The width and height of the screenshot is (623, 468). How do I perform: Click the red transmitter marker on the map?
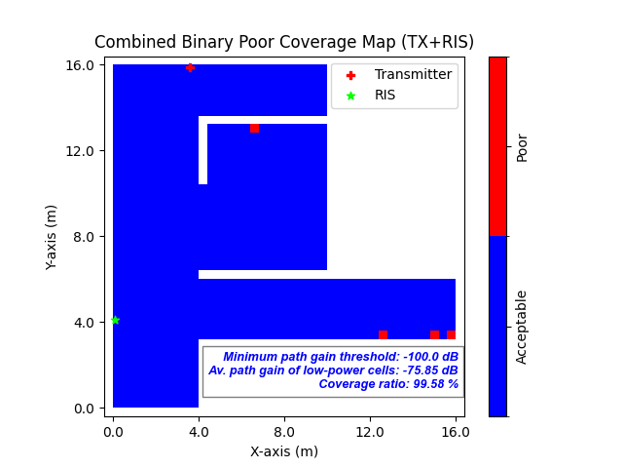click(190, 68)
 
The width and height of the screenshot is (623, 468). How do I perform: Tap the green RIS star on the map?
click(115, 320)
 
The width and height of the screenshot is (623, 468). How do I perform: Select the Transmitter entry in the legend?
click(413, 74)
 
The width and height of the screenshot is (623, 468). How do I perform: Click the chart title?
click(284, 42)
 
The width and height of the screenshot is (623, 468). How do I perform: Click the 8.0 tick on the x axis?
click(284, 431)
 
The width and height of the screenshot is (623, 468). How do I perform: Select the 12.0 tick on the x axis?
click(370, 431)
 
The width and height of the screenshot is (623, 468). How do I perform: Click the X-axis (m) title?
click(284, 451)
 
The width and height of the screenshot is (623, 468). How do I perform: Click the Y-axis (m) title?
click(52, 237)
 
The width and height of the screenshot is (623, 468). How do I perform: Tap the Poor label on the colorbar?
click(523, 147)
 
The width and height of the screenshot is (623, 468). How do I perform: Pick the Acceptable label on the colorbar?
click(523, 327)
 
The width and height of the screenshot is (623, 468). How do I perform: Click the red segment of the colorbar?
click(497, 146)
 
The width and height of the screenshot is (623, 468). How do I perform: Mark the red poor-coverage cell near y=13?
click(254, 128)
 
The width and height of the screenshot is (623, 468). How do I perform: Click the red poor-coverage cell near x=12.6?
click(383, 334)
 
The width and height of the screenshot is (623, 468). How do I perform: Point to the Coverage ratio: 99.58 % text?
click(388, 384)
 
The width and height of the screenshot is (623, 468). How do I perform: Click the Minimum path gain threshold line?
click(341, 357)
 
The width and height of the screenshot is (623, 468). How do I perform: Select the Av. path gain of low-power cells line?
click(333, 370)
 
